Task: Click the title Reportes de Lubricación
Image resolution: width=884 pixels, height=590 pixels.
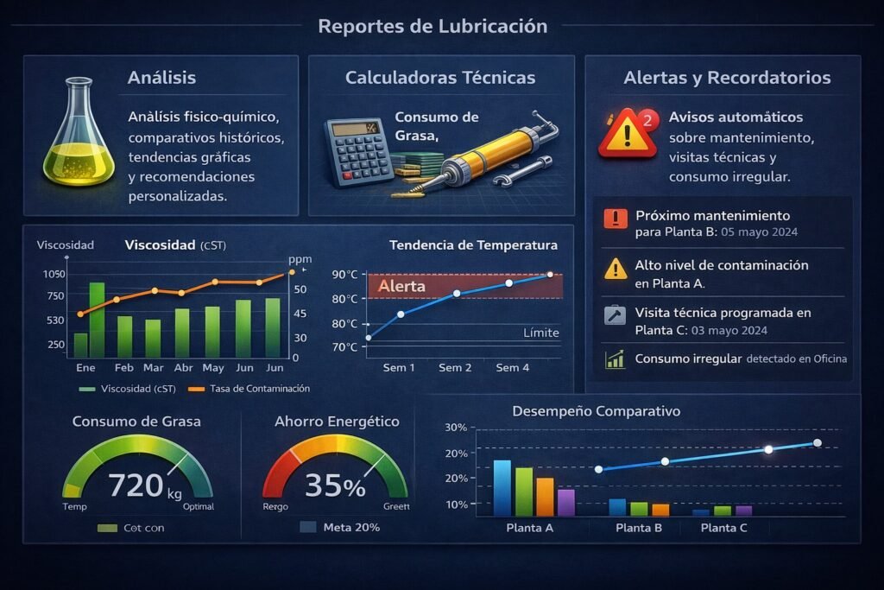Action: (433, 26)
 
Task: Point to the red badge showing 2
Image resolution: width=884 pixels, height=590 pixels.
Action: (648, 120)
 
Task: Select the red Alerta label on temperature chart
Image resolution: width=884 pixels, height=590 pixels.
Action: (401, 286)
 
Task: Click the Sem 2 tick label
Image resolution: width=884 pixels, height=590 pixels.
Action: (455, 368)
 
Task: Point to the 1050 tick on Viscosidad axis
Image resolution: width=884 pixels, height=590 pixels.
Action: (53, 274)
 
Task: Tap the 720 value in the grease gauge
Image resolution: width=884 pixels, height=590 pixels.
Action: (136, 485)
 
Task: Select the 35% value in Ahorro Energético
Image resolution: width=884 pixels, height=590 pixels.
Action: (335, 486)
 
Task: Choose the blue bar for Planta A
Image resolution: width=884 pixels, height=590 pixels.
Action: (502, 488)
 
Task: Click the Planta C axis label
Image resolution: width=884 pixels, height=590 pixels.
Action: (723, 528)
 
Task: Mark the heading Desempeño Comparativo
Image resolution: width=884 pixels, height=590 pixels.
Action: (596, 411)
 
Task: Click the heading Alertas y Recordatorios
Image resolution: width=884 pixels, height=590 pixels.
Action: (727, 78)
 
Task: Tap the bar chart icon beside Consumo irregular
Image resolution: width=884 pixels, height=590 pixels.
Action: (616, 358)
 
